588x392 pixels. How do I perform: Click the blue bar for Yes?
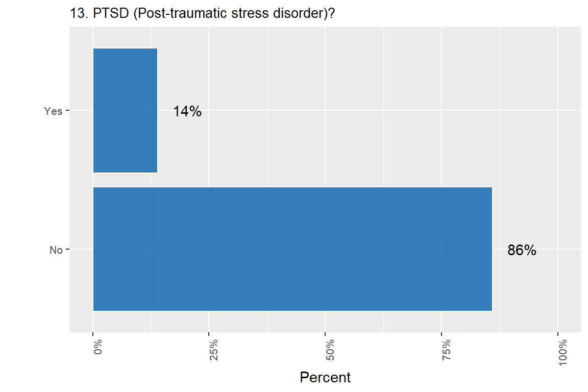point(125,110)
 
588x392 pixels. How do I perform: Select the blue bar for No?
point(292,249)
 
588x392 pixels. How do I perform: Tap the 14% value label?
point(187,111)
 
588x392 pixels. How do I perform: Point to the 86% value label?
point(522,250)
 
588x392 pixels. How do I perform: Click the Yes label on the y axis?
point(53,111)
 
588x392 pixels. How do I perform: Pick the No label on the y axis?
point(56,250)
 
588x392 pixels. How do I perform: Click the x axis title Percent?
point(325,378)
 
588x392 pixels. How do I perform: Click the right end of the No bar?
point(492,249)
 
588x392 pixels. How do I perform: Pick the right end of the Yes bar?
point(157,110)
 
